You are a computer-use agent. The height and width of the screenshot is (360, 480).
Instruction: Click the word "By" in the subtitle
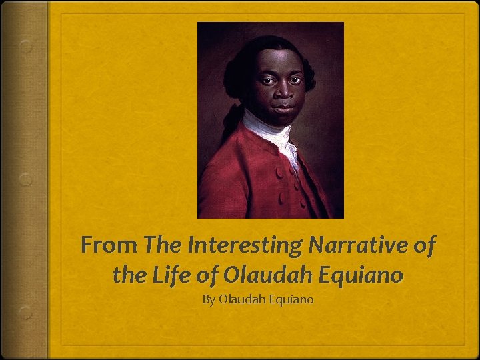coord(209,299)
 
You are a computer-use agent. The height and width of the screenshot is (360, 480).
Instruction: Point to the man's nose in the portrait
coord(283,90)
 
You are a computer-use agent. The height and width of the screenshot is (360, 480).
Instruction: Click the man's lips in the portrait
coord(284,105)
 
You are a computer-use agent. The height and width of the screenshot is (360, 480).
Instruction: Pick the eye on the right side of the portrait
coord(295,79)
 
